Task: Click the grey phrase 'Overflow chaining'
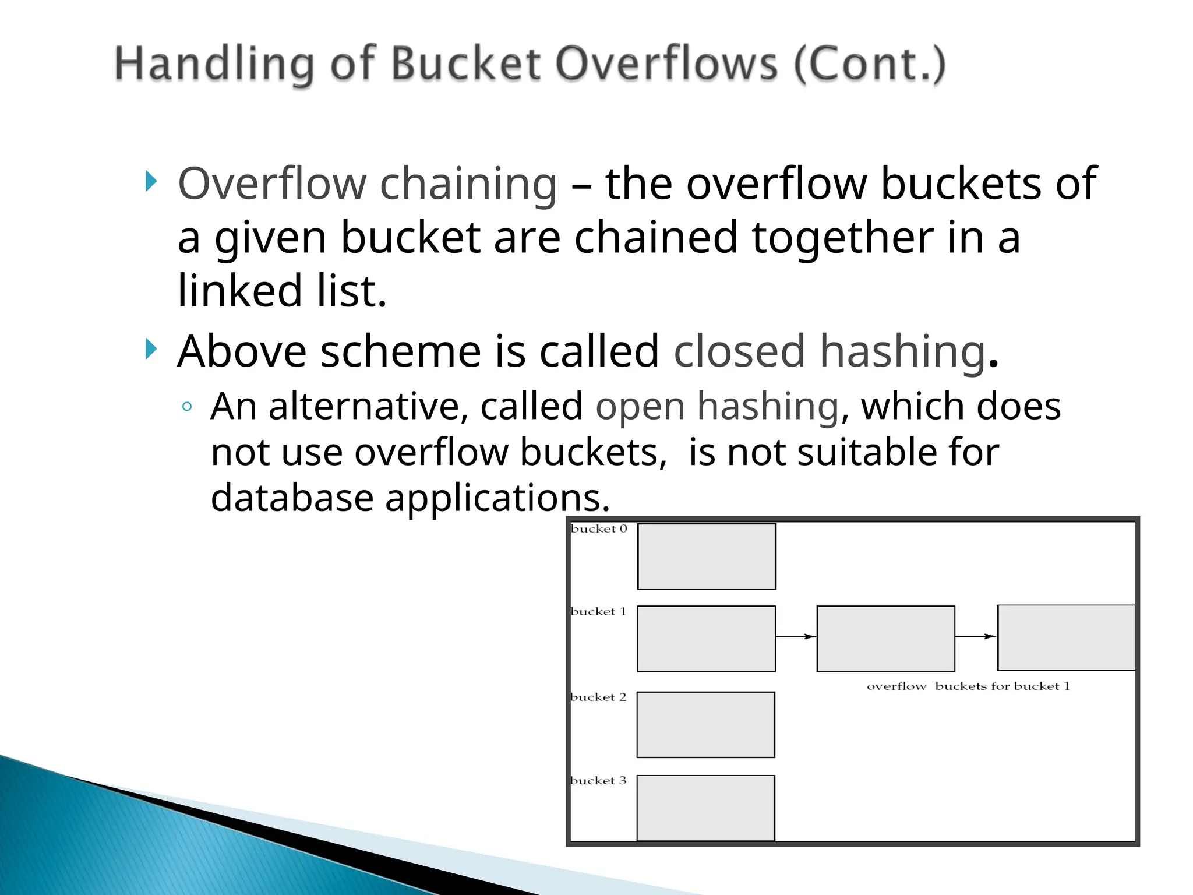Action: coord(368,184)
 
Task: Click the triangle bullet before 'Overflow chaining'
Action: coord(151,181)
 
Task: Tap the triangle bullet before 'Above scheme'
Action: coord(151,349)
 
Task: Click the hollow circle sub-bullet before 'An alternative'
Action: coord(187,407)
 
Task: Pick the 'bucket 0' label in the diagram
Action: coord(599,529)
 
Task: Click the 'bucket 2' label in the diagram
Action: coord(598,697)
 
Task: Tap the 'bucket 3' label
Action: coord(598,780)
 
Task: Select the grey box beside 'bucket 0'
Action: coord(707,556)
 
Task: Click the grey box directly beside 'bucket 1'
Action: coord(706,639)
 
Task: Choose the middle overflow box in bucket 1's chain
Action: coord(885,639)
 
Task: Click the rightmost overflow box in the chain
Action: coord(1066,638)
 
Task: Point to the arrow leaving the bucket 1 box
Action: coord(796,636)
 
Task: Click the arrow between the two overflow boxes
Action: coord(976,636)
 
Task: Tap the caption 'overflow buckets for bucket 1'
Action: coord(968,686)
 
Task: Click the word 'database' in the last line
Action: coord(292,498)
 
